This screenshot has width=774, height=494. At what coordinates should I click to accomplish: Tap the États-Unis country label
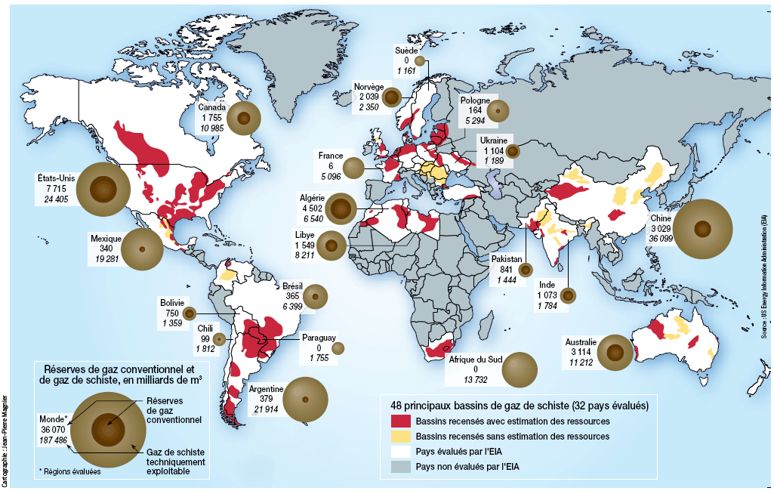(52, 179)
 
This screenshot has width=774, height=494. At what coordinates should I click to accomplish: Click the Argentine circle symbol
(306, 400)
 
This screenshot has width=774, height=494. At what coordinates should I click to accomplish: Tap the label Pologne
(475, 100)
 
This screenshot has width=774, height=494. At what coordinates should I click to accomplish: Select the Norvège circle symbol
(392, 97)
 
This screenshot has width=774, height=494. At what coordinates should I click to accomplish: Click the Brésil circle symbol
(315, 297)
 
